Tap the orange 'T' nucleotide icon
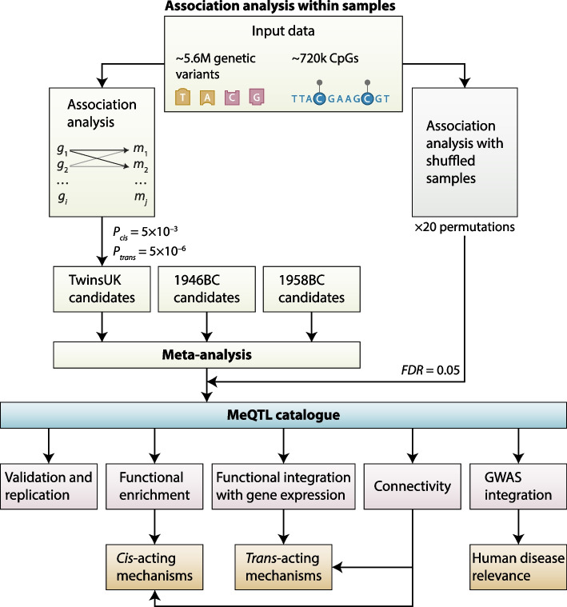pos(183,98)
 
